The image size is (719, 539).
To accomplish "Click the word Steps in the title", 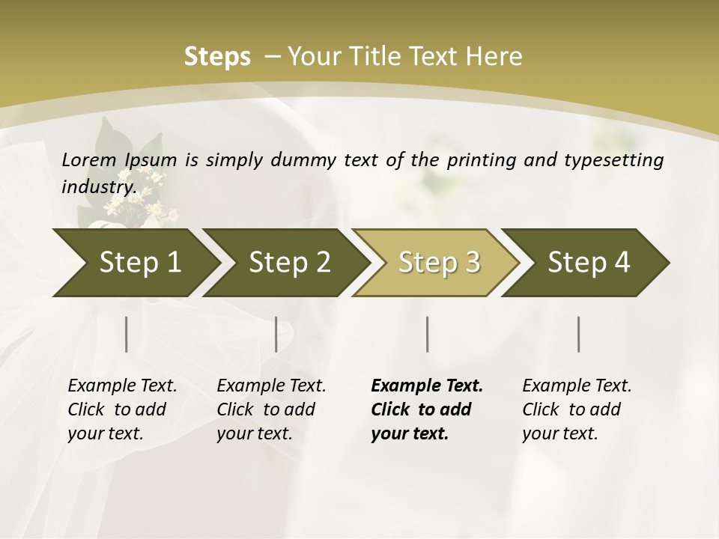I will click(217, 56).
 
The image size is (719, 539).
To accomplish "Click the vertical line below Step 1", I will click(126, 334).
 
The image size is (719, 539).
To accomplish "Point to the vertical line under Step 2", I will click(276, 334).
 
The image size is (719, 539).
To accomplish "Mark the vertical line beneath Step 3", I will click(427, 334).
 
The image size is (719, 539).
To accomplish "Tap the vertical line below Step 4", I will click(579, 334).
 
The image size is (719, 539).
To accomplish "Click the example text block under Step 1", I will click(122, 409).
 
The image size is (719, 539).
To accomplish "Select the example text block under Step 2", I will click(271, 409).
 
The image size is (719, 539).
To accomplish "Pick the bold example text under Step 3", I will click(427, 409).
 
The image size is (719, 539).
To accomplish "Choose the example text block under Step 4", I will click(577, 409).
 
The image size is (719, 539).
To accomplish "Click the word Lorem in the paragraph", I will click(89, 160).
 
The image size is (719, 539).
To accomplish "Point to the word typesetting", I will click(616, 160).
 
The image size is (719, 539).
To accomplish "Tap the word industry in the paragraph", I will click(98, 186).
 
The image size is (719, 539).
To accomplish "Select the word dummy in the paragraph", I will click(305, 160).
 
